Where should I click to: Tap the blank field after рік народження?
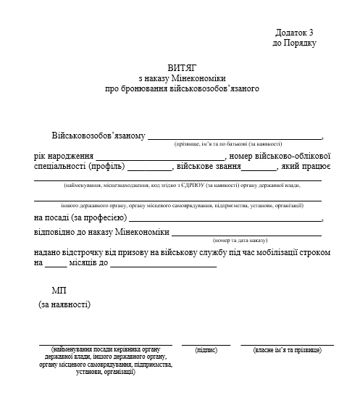tap(161, 157)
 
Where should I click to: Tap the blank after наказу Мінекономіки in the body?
tap(246, 234)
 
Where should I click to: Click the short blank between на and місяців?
tap(55, 266)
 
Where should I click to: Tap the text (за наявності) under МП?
tap(64, 305)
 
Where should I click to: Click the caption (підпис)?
tap(206, 350)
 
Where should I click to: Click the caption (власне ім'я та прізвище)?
tap(287, 350)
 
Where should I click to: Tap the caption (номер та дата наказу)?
tap(240, 240)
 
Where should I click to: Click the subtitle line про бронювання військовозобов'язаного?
tap(181, 88)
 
